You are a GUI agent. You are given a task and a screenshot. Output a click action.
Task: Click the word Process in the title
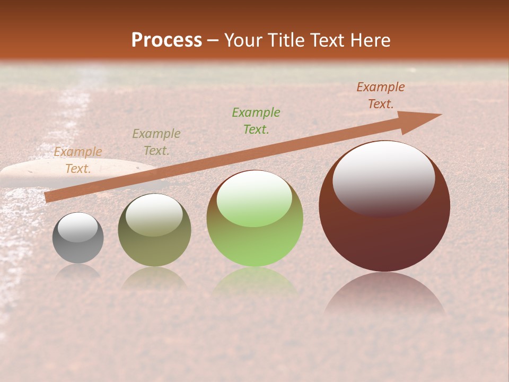point(166,40)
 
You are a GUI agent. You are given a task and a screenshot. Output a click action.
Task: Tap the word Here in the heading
point(371,40)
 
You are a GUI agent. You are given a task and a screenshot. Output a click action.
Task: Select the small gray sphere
point(78,238)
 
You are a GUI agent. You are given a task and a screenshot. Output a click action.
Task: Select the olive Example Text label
point(156,142)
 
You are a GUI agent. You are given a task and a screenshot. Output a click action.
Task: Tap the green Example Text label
point(256,120)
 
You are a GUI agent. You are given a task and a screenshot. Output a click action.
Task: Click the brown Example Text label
point(380,95)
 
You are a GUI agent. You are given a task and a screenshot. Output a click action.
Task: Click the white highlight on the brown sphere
point(383,178)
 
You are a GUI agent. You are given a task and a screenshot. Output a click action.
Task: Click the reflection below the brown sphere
point(384,294)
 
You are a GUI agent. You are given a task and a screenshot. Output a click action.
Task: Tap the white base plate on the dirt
point(32,170)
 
